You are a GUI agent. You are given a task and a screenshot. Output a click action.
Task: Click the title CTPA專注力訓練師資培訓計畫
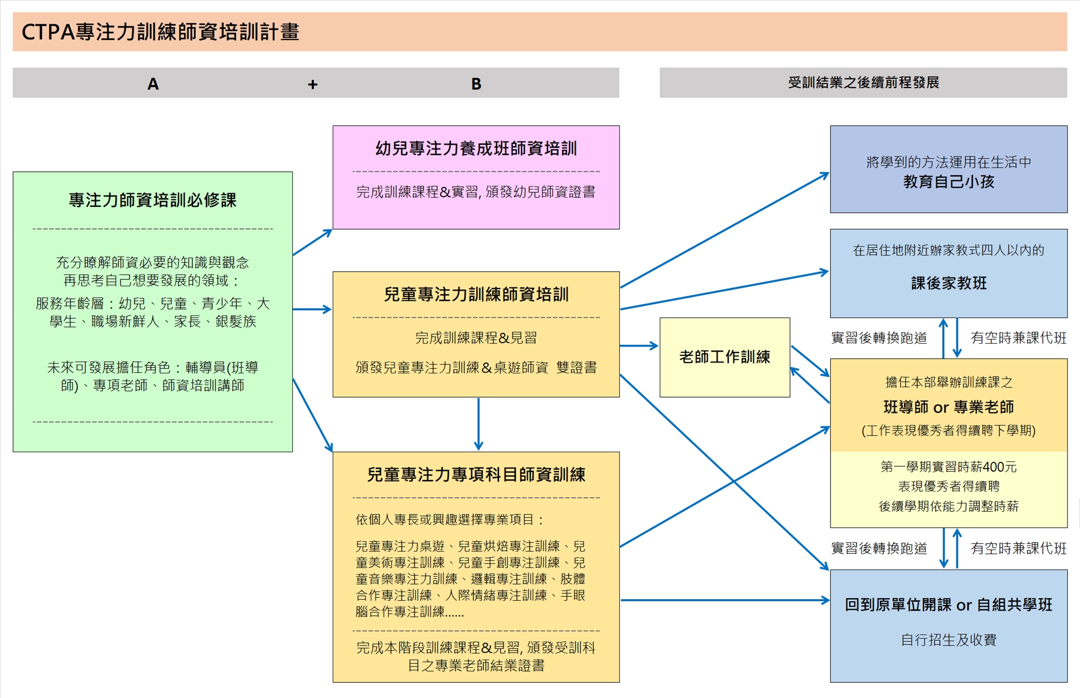[160, 32]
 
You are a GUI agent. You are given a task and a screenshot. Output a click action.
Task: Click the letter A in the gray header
[153, 84]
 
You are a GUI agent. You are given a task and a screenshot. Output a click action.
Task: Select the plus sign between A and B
[313, 84]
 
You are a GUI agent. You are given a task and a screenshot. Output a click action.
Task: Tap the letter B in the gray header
[476, 84]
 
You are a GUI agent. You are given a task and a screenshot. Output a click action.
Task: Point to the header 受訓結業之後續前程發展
[863, 83]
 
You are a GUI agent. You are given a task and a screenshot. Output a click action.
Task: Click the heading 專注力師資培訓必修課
[152, 200]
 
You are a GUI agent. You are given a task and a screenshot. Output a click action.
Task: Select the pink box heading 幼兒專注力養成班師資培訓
[476, 149]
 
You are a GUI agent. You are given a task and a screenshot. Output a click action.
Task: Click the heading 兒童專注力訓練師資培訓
[476, 294]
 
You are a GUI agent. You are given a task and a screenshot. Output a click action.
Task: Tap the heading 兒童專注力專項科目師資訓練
[476, 475]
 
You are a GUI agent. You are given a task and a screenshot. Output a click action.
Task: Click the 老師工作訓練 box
[724, 357]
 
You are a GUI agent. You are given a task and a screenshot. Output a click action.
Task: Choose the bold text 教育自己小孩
[948, 182]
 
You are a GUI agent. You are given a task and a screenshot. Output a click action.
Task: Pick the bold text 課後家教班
[948, 283]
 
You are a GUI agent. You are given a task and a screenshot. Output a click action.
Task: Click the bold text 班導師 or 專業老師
[948, 407]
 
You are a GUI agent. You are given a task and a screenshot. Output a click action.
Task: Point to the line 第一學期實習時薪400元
[948, 467]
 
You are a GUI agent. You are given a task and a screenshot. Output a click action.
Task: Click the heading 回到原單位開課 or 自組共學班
[948, 605]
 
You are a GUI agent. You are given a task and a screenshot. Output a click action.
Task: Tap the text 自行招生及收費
[948, 640]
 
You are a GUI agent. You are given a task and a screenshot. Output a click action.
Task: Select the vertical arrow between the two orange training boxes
[478, 424]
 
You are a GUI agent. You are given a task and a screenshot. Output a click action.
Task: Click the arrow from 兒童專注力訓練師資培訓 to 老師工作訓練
[639, 346]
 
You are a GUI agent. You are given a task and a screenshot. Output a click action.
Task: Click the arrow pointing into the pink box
[312, 242]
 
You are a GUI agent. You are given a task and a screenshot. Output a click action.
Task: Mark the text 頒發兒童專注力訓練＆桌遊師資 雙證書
[476, 368]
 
